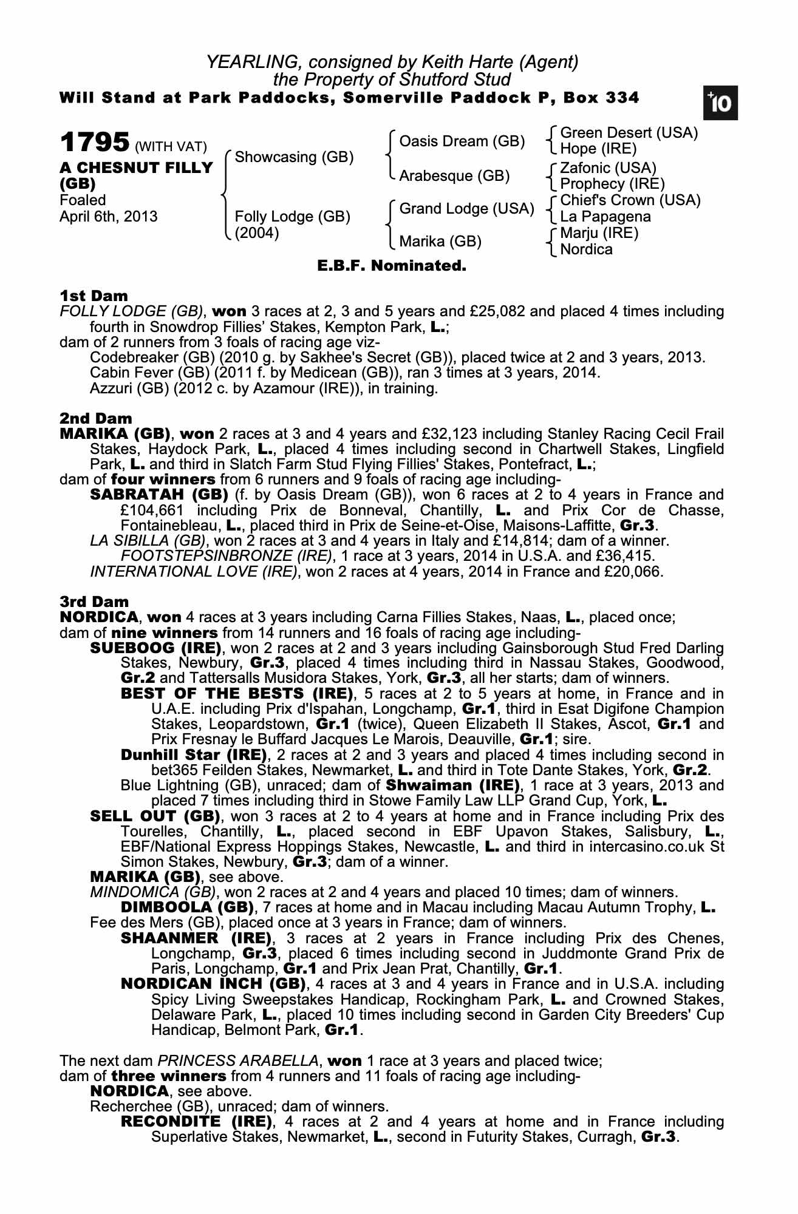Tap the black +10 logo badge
[x=720, y=104]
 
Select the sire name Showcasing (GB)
[x=294, y=157]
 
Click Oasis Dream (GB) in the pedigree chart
[x=462, y=141]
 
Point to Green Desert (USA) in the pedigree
[x=629, y=133]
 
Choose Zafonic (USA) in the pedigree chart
[x=608, y=168]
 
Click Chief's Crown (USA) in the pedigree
[x=630, y=200]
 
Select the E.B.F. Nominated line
[x=392, y=266]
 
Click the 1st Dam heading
[x=94, y=296]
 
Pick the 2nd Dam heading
[x=95, y=418]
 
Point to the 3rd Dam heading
[x=94, y=602]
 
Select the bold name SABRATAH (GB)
[x=159, y=495]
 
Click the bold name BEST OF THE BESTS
[x=236, y=694]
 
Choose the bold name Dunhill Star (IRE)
[x=194, y=755]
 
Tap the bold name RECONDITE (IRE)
[x=196, y=1121]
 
